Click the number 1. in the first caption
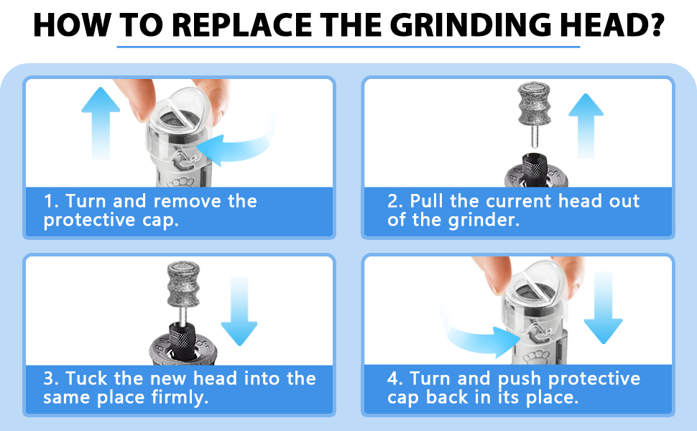[x=50, y=201]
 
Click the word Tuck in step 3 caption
[x=90, y=379]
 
